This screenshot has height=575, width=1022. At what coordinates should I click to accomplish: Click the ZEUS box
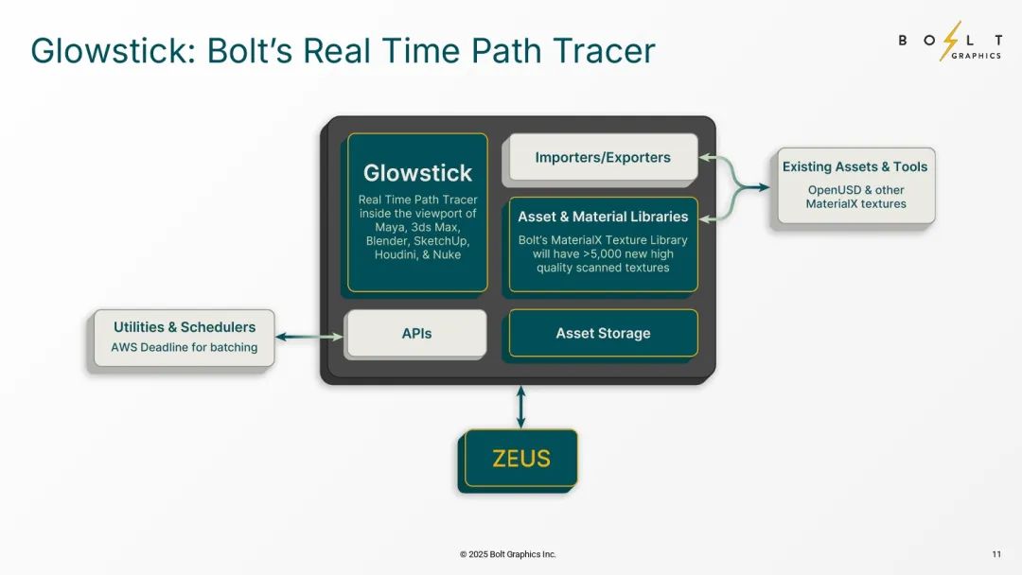[x=520, y=459]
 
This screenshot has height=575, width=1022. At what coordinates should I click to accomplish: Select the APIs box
[x=416, y=334]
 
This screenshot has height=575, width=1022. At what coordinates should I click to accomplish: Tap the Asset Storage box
[x=603, y=334]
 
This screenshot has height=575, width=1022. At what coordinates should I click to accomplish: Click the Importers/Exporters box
[x=603, y=157]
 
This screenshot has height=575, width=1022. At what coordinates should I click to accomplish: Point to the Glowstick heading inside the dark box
[x=417, y=173]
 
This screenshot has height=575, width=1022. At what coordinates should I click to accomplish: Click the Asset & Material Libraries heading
[x=603, y=217]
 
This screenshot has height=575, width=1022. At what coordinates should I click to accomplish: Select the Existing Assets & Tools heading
[x=855, y=166]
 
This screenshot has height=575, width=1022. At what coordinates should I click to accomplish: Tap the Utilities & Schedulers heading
[x=185, y=327]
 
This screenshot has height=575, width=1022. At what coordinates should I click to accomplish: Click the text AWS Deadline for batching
[x=184, y=347]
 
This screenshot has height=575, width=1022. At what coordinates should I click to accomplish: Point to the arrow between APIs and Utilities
[x=309, y=337]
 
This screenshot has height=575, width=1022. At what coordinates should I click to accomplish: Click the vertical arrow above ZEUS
[x=520, y=407]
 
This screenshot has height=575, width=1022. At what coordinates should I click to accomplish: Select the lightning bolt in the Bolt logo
[x=950, y=41]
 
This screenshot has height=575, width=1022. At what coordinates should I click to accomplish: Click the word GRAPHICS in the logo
[x=976, y=56]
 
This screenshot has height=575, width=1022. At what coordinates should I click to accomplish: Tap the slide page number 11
[x=996, y=554]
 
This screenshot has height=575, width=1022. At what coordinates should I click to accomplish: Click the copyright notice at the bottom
[x=508, y=554]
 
